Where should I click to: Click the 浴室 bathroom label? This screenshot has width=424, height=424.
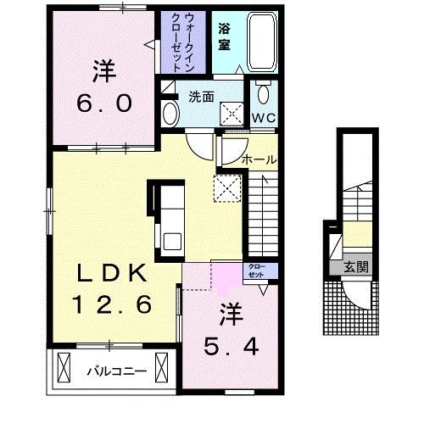pos(224,37)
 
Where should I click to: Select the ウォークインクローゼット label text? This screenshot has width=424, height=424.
pos(182,42)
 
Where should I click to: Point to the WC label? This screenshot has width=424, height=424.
pos(264,118)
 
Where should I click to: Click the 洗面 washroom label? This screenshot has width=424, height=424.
pos(201,97)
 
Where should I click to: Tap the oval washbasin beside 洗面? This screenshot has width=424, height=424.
pos(171,114)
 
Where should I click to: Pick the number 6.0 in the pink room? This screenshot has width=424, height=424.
pos(104,103)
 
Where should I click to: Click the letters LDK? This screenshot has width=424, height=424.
pos(113,273)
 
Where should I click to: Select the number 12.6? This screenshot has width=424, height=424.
pos(112,304)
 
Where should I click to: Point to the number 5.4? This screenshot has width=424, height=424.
pos(232,347)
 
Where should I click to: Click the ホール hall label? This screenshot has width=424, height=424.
pos(259,160)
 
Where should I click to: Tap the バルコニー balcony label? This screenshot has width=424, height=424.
pos(117,371)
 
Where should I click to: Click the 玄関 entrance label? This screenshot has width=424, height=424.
pos(356,267)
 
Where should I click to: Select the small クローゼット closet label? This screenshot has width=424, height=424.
pos(257,271)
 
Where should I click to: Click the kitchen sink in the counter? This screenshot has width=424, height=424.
pos(172,241)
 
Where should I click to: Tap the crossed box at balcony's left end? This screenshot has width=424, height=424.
pos(64,367)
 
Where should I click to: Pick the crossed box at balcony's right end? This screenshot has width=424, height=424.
pos(162,367)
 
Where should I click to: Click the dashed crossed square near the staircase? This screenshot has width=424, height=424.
pos(227,188)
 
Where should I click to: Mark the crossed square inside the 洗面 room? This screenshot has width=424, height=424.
pos(232,114)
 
